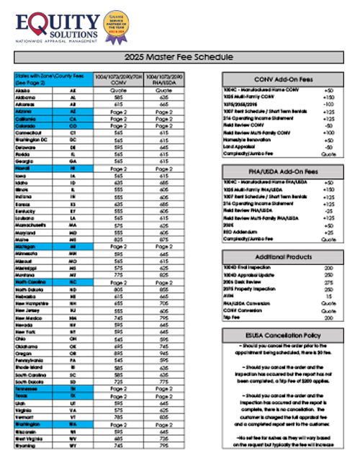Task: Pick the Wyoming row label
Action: (26, 446)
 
